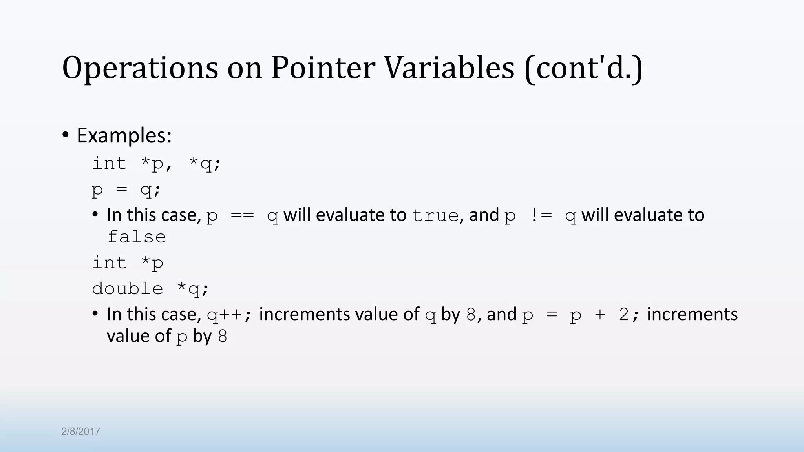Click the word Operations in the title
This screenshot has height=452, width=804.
tap(140, 67)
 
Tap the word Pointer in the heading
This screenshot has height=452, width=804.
tap(323, 67)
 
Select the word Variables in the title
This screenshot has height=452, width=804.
tap(449, 67)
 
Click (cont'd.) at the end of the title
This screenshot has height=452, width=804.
tap(583, 68)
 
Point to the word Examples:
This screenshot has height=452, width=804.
tap(124, 135)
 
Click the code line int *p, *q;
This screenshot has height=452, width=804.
tap(157, 164)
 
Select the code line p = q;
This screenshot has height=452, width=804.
tap(126, 190)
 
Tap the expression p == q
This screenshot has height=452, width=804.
tap(242, 215)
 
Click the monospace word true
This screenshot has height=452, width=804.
tap(435, 215)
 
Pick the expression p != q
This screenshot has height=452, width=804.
tap(540, 215)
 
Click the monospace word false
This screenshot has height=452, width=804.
tap(137, 237)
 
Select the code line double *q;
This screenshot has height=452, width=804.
tap(150, 289)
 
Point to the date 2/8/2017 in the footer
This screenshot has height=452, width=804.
tap(80, 431)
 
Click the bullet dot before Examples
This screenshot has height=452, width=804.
tap(66, 135)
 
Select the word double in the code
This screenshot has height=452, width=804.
tap(128, 289)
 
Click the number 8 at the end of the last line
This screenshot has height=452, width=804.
tap(223, 337)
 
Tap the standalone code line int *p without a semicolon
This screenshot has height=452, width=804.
tap(128, 263)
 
